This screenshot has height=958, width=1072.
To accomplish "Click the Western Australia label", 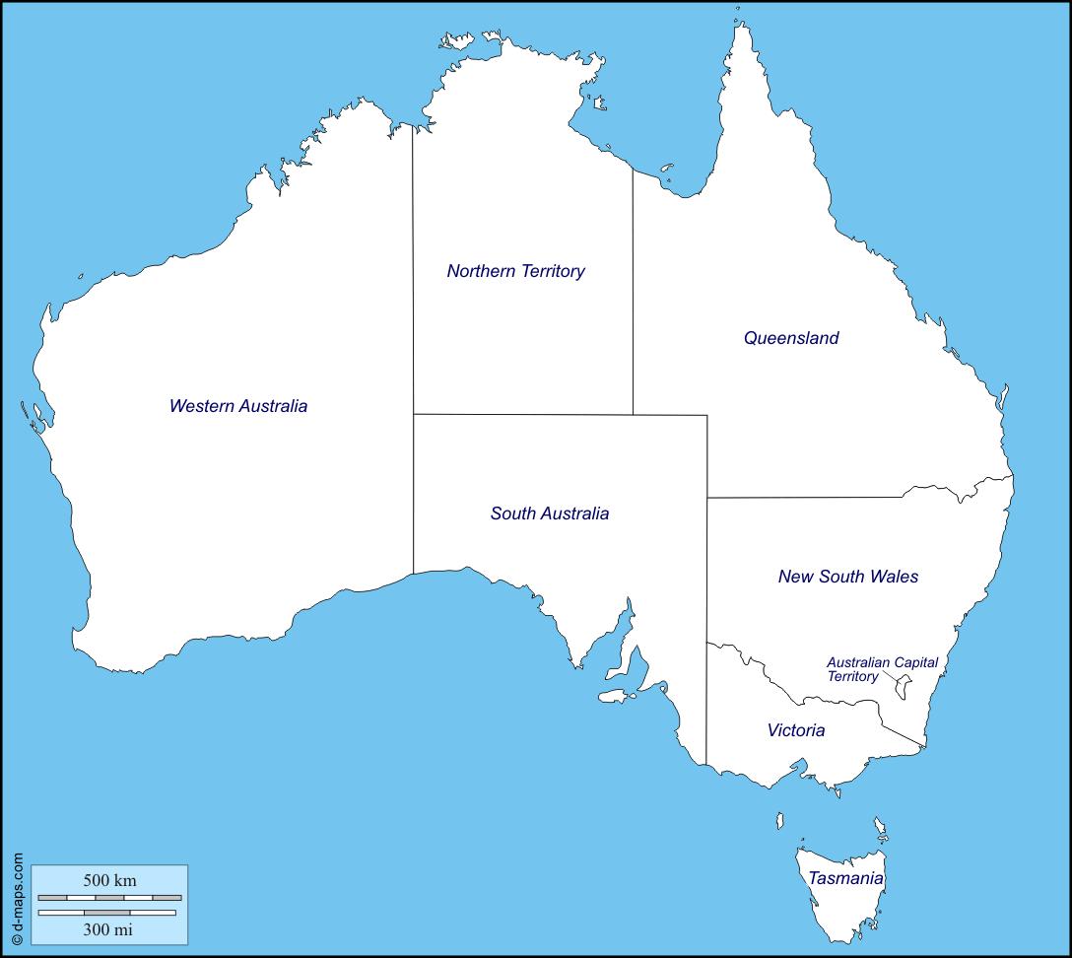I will pos(238,406).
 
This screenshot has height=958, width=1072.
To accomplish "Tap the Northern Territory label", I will pos(515,271).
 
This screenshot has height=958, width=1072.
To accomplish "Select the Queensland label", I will pos(791,338).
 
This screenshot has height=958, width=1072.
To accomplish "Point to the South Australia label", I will pos(550,513).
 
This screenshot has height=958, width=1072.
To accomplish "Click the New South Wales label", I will pos(848,577).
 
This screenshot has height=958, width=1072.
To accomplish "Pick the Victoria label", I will pos(796,730).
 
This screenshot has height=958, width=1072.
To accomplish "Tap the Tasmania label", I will pos(845,878).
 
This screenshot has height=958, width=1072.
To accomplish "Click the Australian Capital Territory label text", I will pos(882,669).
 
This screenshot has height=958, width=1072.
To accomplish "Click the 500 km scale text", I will pos(109,880).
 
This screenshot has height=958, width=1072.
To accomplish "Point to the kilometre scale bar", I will pos(109,898).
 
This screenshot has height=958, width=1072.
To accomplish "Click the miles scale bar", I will pos(106,913).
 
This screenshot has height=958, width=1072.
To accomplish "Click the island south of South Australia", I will pos(616,696).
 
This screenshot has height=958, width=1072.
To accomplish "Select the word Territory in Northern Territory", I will pos(549,271).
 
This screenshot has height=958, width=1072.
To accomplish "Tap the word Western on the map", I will pos(200,406).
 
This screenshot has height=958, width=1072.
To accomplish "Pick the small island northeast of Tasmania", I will pos(880,825).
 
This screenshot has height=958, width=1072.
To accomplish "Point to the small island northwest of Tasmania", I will pos(779,819).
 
